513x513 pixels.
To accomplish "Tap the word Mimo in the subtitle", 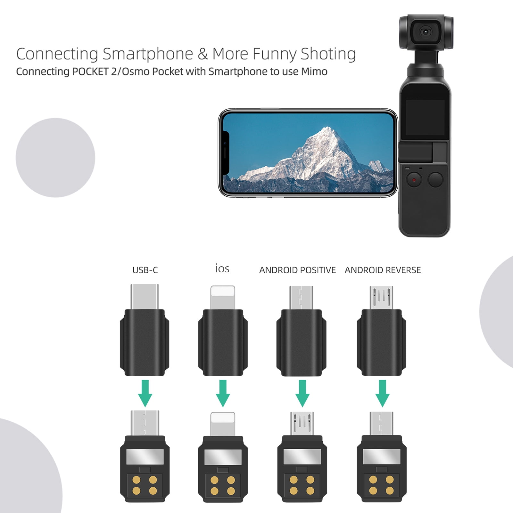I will (314, 71).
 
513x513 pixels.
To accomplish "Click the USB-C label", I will (145, 270).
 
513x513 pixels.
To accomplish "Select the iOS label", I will (222, 269).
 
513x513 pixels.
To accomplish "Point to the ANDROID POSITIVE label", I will (297, 270).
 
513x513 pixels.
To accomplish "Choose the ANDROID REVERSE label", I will (383, 270).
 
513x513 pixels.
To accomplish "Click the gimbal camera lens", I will (426, 32).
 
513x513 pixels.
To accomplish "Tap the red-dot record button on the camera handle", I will (414, 180).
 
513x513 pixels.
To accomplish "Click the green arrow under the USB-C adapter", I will (145, 393).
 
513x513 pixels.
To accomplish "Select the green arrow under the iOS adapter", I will (223, 393).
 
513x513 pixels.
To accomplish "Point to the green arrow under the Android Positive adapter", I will (302, 393).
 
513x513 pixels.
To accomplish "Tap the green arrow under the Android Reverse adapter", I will (382, 393).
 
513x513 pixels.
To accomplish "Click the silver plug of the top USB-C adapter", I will (145, 296).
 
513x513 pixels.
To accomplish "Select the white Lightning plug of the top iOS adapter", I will (223, 297).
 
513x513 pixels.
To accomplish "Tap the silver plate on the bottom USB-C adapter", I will (145, 457).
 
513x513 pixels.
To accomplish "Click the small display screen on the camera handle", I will (425, 117).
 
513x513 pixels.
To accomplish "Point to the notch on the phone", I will (226, 153).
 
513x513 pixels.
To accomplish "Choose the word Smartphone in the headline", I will (148, 54).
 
